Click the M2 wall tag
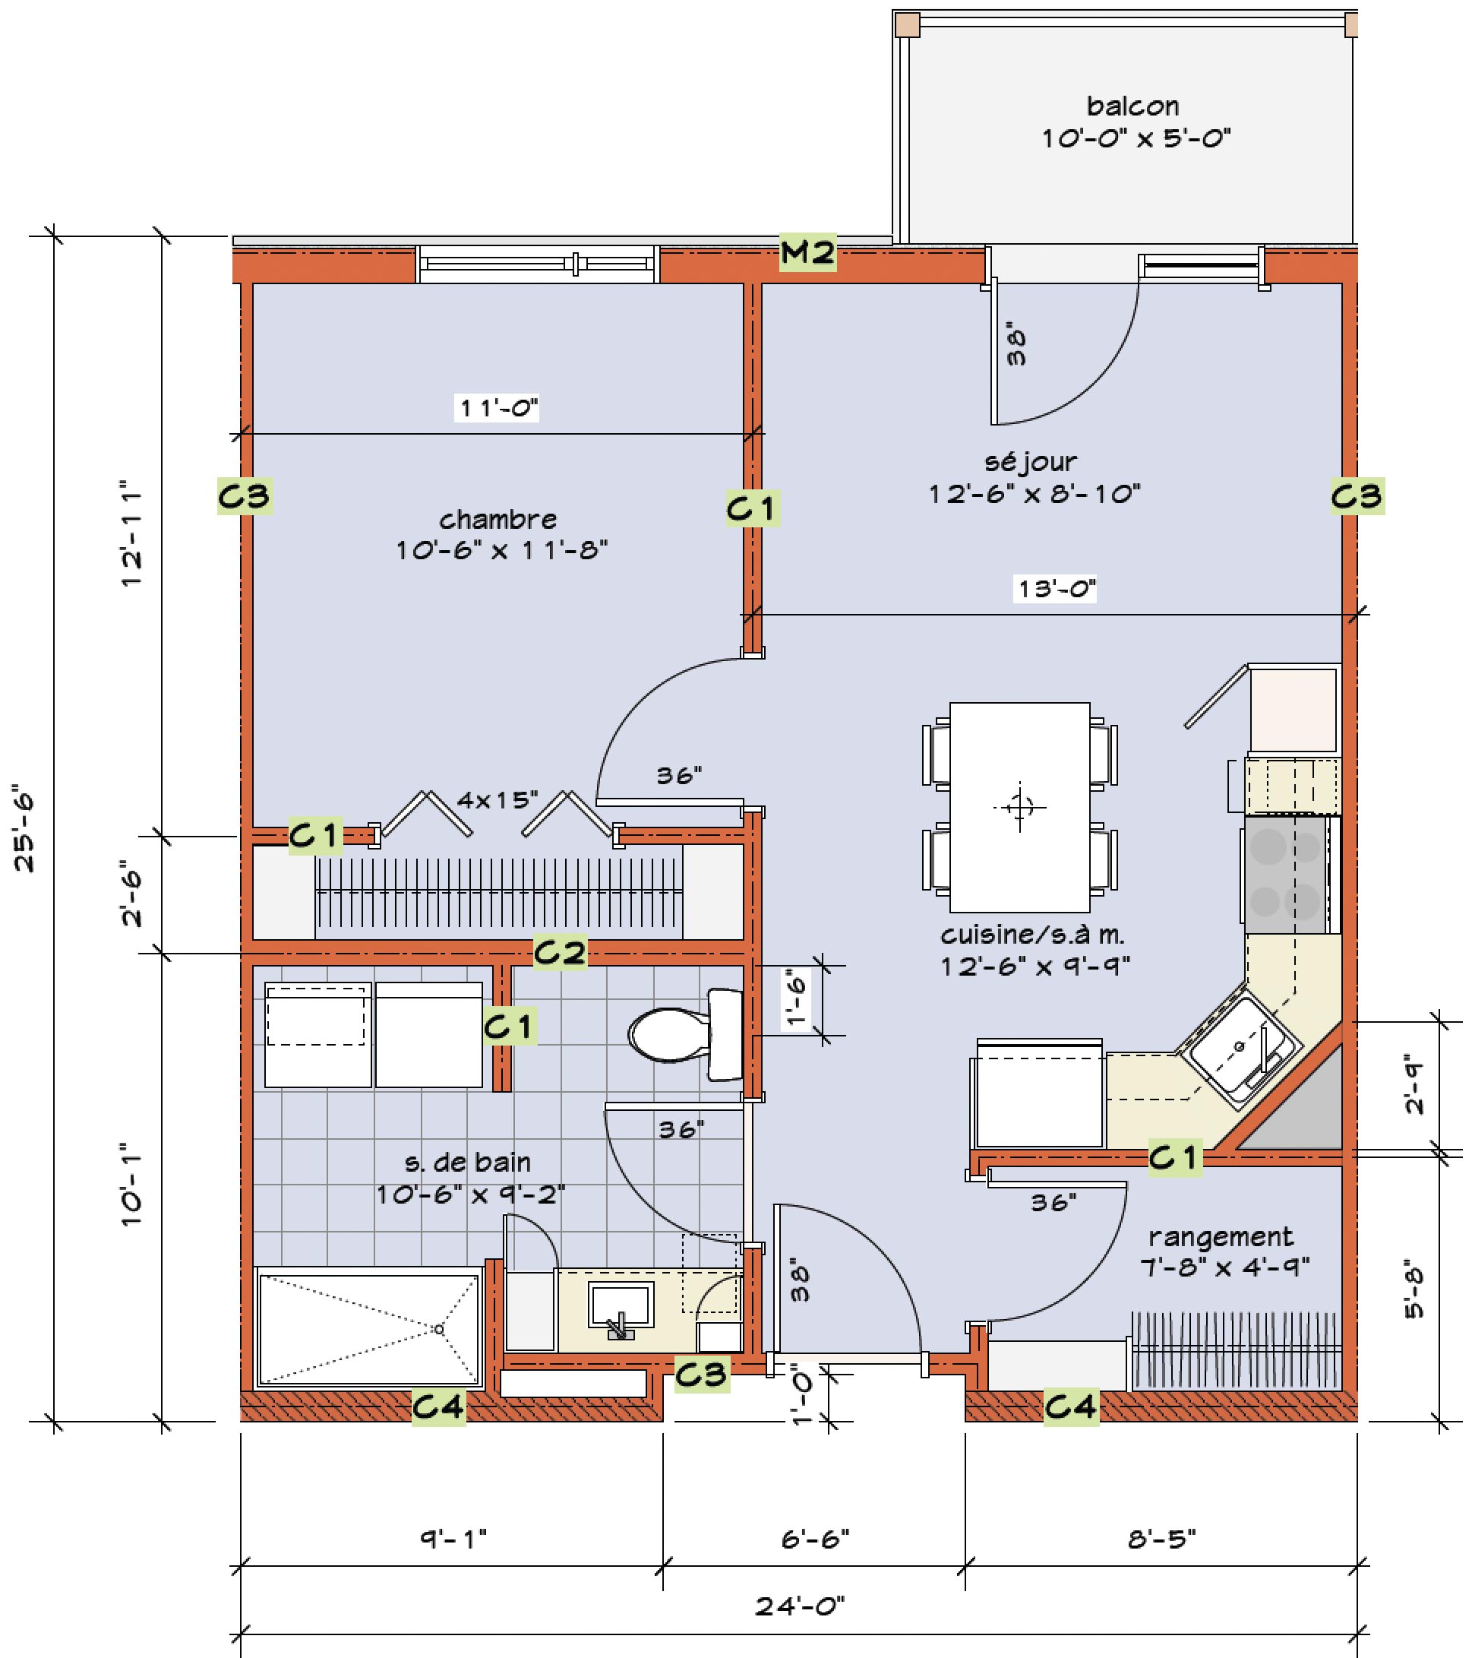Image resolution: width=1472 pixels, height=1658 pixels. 807,252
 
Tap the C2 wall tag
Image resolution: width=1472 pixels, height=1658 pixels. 560,951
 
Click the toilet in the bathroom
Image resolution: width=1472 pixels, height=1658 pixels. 686,1034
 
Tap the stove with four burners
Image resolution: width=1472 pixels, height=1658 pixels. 1290,875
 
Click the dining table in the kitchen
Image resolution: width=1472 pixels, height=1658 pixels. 1019,807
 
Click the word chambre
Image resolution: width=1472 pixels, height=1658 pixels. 498,519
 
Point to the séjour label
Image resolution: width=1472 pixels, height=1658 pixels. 1031,461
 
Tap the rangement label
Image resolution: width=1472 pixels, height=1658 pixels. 1221,1237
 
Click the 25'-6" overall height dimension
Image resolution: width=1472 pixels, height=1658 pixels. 26,831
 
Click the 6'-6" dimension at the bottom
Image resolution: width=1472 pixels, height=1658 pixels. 815,1539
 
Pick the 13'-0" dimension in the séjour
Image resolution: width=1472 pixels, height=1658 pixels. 1056,588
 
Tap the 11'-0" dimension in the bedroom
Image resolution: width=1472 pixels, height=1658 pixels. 498,407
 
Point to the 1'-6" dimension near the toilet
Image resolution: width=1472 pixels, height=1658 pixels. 798,999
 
